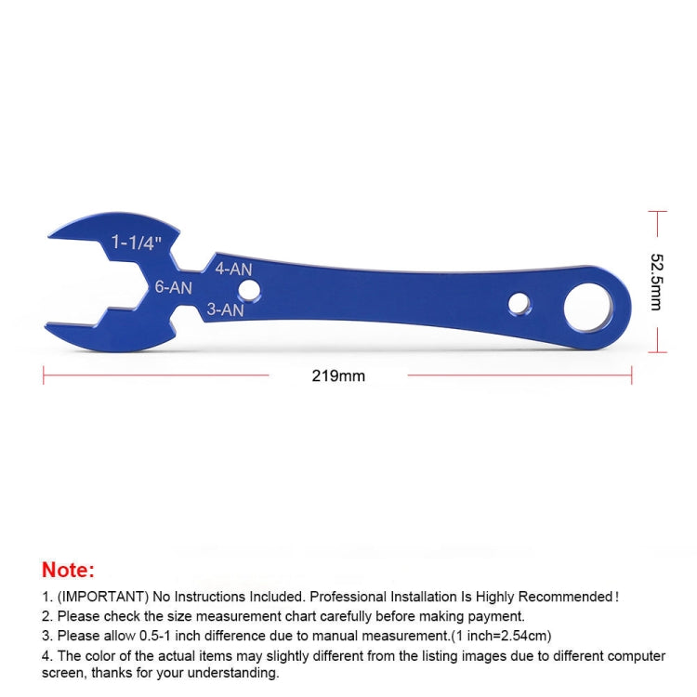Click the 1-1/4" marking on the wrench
coord(137,243)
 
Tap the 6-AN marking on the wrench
coord(174,287)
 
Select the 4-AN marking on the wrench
coord(233,269)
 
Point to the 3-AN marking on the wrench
coord(225,309)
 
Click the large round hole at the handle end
coord(587,306)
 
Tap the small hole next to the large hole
coord(519,303)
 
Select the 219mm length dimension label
coord(338,376)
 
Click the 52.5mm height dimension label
coord(656,282)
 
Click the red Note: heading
coord(68,570)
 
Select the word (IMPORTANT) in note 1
coord(99,597)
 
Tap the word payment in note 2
coord(500,615)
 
